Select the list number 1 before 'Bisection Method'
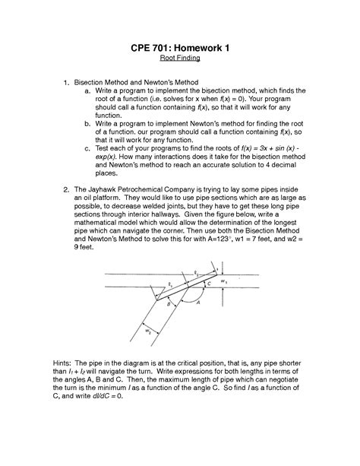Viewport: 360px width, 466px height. (67, 80)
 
